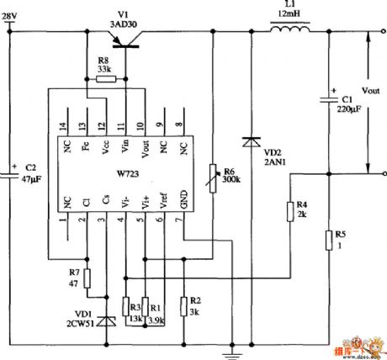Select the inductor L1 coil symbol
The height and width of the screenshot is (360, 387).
(x=289, y=33)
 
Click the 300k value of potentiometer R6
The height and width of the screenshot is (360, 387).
(x=230, y=179)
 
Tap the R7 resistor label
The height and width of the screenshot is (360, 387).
(x=73, y=273)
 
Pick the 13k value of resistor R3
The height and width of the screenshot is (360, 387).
(x=132, y=320)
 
